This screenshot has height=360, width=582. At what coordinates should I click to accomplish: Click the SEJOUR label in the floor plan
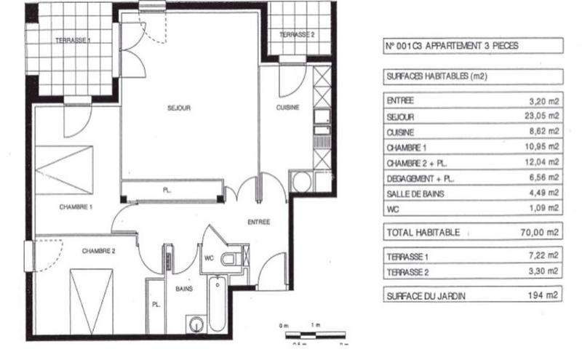tap(179, 108)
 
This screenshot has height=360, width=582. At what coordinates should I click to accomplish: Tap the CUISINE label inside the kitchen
tap(287, 108)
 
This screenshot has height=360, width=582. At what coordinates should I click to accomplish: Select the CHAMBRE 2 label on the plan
tap(98, 251)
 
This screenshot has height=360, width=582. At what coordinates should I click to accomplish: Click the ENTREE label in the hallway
tap(258, 222)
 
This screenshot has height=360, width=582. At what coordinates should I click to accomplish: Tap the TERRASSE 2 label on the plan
tap(297, 35)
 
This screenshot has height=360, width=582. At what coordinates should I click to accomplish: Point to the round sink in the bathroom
tap(195, 324)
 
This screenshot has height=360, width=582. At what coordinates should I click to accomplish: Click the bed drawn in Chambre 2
tap(92, 300)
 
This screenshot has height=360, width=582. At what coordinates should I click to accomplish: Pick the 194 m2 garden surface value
tap(544, 295)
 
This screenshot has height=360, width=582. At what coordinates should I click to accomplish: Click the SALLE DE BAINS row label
tap(416, 193)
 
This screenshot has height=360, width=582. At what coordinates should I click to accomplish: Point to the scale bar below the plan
tap(310, 335)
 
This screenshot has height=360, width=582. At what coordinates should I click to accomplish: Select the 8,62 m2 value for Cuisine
tap(545, 132)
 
